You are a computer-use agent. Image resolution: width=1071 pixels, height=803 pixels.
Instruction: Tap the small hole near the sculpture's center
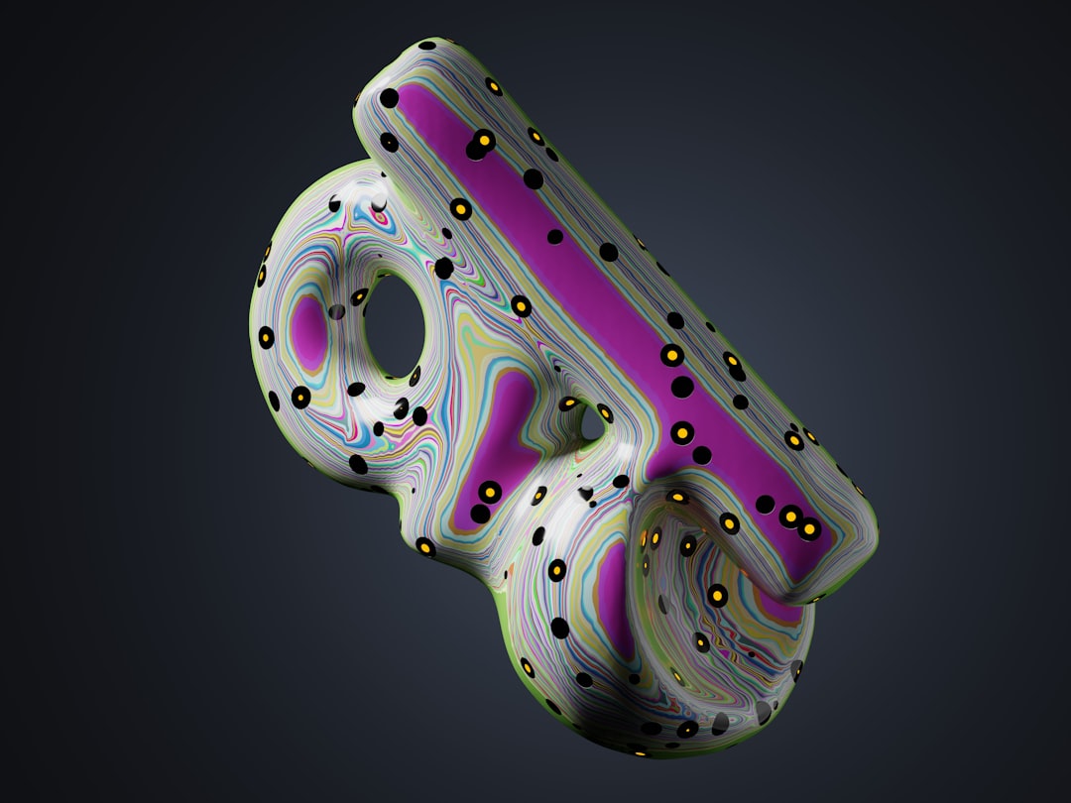click(x=591, y=424)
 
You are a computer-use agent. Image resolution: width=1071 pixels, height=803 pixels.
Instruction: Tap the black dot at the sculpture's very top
click(x=427, y=45)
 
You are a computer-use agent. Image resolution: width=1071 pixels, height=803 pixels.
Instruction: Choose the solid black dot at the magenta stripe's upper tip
click(x=390, y=98)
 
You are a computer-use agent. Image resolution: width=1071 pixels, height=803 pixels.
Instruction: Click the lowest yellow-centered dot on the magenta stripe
click(x=809, y=528)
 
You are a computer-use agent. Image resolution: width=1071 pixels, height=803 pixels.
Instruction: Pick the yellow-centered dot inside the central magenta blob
click(x=490, y=491)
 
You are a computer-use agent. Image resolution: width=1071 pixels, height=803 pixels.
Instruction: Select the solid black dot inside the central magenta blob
click(x=480, y=514)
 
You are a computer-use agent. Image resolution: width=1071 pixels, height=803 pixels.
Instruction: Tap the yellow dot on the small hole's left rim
click(x=569, y=403)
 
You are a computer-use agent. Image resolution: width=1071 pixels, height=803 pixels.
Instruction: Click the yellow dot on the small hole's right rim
click(x=605, y=412)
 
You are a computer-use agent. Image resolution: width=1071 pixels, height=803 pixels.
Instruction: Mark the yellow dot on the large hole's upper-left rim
click(x=359, y=296)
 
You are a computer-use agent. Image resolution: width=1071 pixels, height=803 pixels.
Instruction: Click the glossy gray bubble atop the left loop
click(x=379, y=202)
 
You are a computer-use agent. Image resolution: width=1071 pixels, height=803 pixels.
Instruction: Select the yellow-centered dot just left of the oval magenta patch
click(x=266, y=337)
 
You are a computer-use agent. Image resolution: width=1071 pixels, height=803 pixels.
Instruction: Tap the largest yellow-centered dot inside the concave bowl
click(x=717, y=595)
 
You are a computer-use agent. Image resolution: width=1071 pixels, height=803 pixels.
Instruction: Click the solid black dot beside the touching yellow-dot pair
click(x=766, y=505)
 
